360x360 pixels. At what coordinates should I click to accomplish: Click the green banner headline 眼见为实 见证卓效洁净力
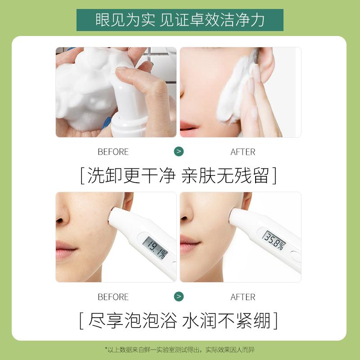[x=180, y=20]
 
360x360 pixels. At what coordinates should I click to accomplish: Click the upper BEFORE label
[x=113, y=152]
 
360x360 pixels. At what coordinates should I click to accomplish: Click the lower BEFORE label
[x=113, y=297]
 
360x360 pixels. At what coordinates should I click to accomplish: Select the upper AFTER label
[x=243, y=152]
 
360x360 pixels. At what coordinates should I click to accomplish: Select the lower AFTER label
[x=243, y=297]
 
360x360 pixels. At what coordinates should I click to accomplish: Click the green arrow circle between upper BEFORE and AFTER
[x=179, y=152]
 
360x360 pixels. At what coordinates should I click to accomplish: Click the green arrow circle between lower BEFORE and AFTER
[x=179, y=297]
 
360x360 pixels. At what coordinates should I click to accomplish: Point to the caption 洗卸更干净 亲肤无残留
[x=179, y=175]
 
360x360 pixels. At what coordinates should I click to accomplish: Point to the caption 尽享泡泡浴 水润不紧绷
[x=179, y=320]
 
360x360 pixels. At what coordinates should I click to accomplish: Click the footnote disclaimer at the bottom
[x=180, y=350]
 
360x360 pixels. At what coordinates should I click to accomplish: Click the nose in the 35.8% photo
[x=186, y=212]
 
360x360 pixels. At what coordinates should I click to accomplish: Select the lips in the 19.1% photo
[x=65, y=250]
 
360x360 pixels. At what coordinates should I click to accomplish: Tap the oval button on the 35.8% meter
[x=296, y=256]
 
